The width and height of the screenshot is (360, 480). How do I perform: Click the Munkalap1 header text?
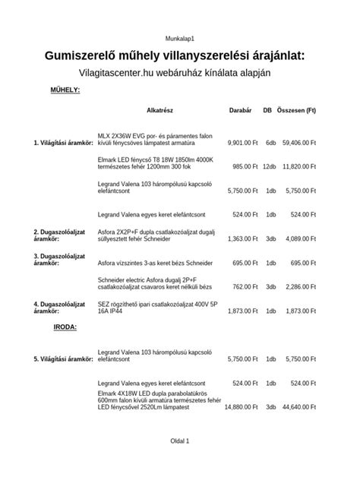point(180,37)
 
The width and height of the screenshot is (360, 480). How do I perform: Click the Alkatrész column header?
point(160,110)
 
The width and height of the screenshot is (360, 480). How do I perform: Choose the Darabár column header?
point(240,110)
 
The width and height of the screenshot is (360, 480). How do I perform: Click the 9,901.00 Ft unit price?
point(242,142)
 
